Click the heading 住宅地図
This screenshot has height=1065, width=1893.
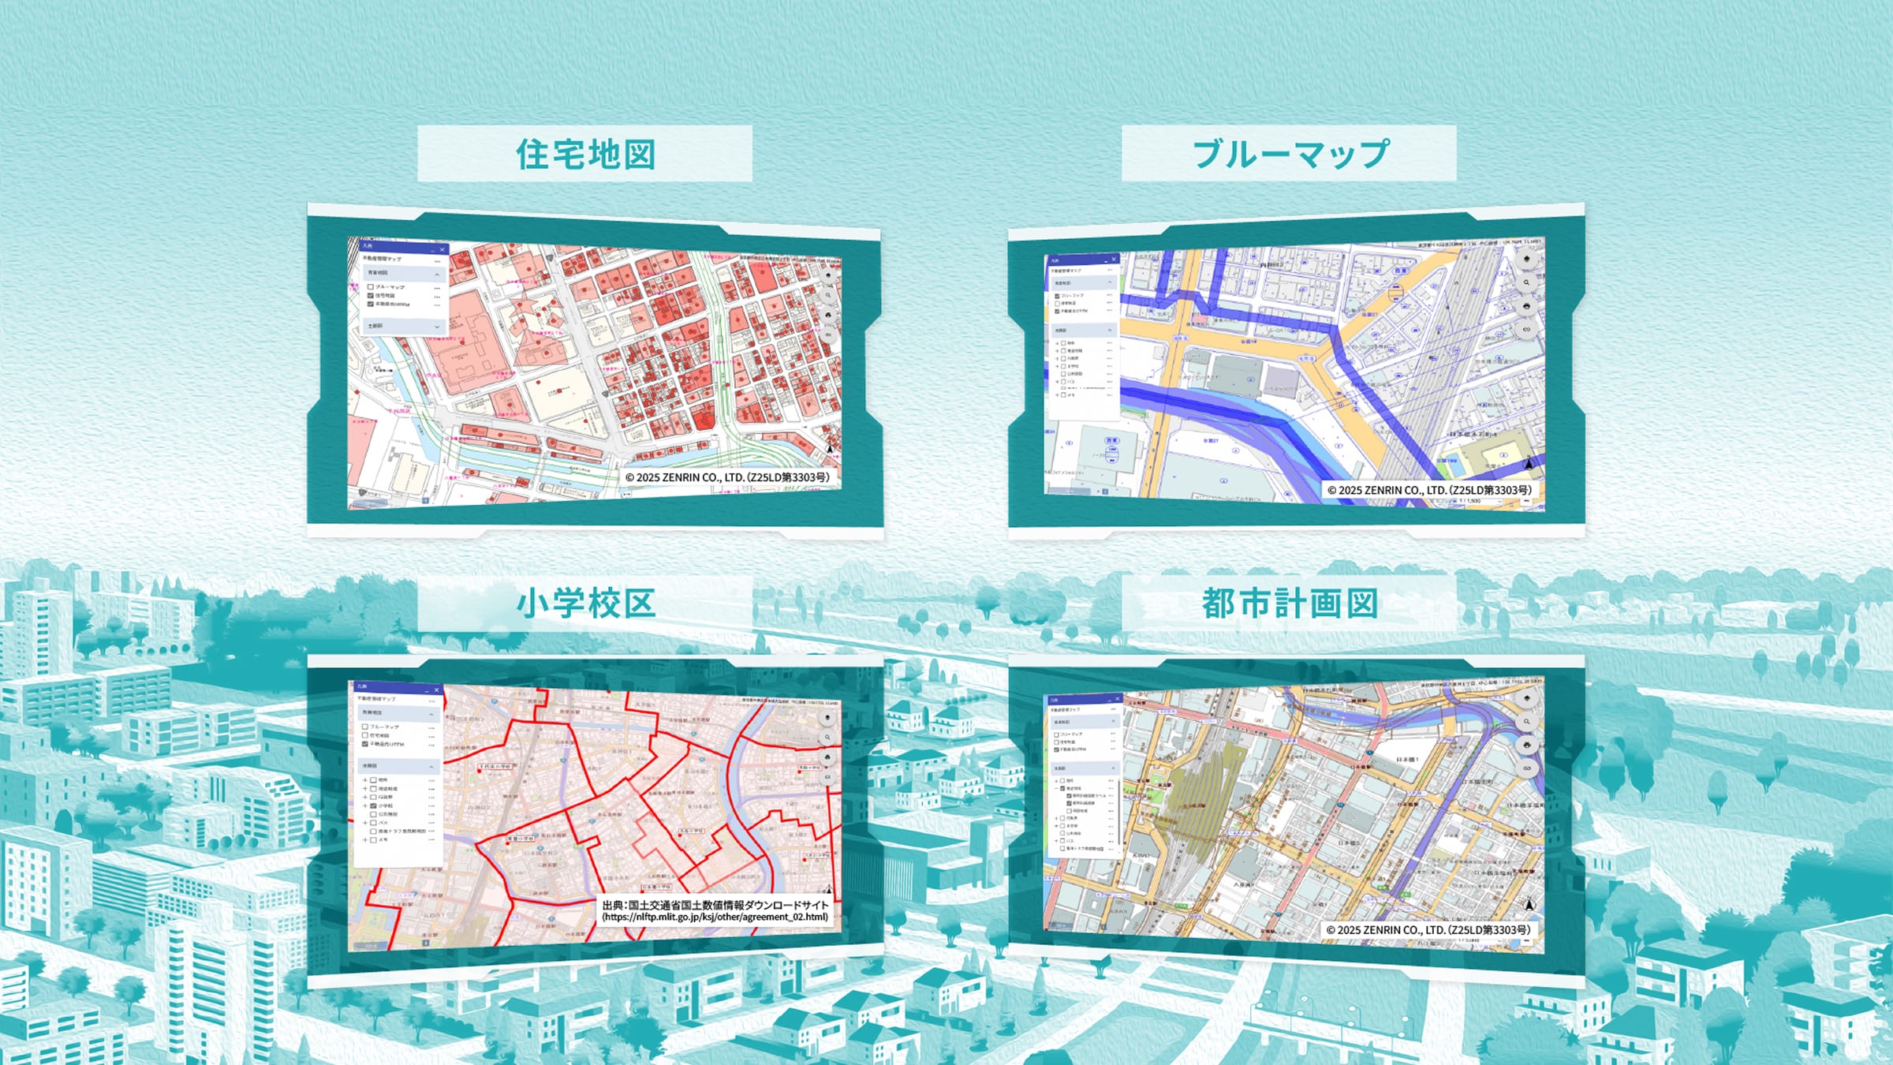[x=585, y=154]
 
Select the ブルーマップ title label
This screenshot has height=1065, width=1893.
[x=1290, y=154]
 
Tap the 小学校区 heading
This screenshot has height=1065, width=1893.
[x=585, y=603]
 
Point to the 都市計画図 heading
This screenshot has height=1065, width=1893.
[x=1290, y=603]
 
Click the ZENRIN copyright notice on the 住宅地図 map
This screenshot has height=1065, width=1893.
[x=727, y=477]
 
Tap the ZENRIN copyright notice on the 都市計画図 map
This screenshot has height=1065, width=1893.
[x=1428, y=930]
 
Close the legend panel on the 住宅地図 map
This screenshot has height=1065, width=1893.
[x=442, y=249]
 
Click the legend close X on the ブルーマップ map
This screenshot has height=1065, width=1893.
[x=1114, y=259]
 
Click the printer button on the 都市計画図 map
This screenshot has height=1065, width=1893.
[x=1527, y=745]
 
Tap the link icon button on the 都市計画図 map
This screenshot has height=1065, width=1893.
[x=1527, y=768]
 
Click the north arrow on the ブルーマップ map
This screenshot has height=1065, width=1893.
[x=1529, y=463]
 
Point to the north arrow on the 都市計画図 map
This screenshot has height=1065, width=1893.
[x=1529, y=905]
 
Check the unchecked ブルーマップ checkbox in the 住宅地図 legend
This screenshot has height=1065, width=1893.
[x=371, y=287]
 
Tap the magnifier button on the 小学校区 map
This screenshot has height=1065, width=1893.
[x=827, y=738]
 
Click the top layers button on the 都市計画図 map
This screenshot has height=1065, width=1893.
[x=1527, y=698]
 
